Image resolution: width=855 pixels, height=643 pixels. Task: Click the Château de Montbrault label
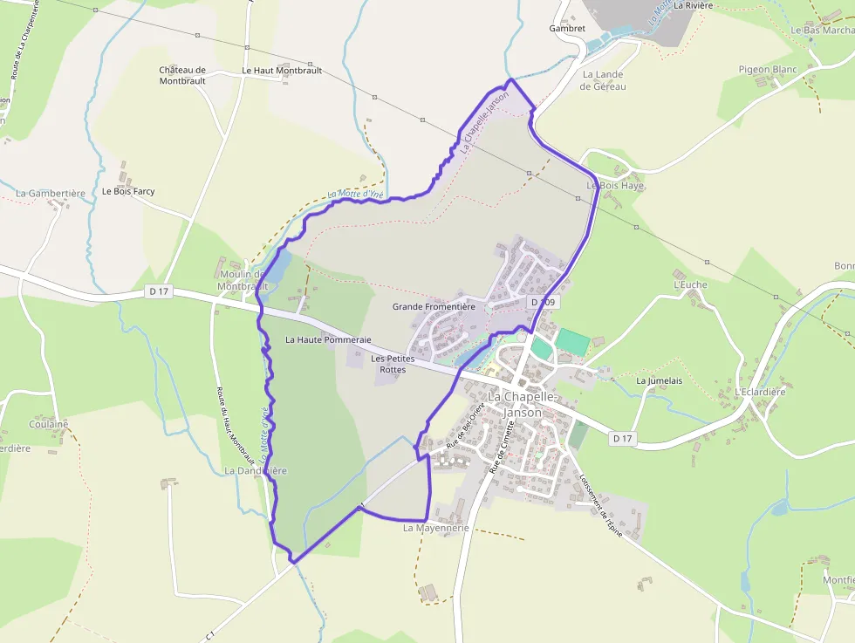(182, 76)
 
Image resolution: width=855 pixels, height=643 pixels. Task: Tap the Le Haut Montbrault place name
(282, 71)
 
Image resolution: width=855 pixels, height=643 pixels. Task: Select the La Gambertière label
(51, 194)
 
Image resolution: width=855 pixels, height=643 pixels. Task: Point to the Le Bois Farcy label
(128, 191)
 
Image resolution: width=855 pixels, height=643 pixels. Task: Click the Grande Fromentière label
(434, 306)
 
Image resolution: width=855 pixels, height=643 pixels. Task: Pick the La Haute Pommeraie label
(329, 339)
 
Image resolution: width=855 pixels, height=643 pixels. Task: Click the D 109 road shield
(543, 302)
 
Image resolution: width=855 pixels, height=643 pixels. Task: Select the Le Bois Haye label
(614, 186)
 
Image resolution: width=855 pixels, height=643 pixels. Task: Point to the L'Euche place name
(690, 284)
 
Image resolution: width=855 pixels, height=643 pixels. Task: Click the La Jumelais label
(659, 380)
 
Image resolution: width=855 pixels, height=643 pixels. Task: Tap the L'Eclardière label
(760, 392)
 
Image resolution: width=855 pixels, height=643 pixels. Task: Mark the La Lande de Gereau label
(604, 80)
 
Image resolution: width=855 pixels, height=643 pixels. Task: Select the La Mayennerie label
(436, 528)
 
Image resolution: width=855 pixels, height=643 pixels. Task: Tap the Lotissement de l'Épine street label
(600, 505)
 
